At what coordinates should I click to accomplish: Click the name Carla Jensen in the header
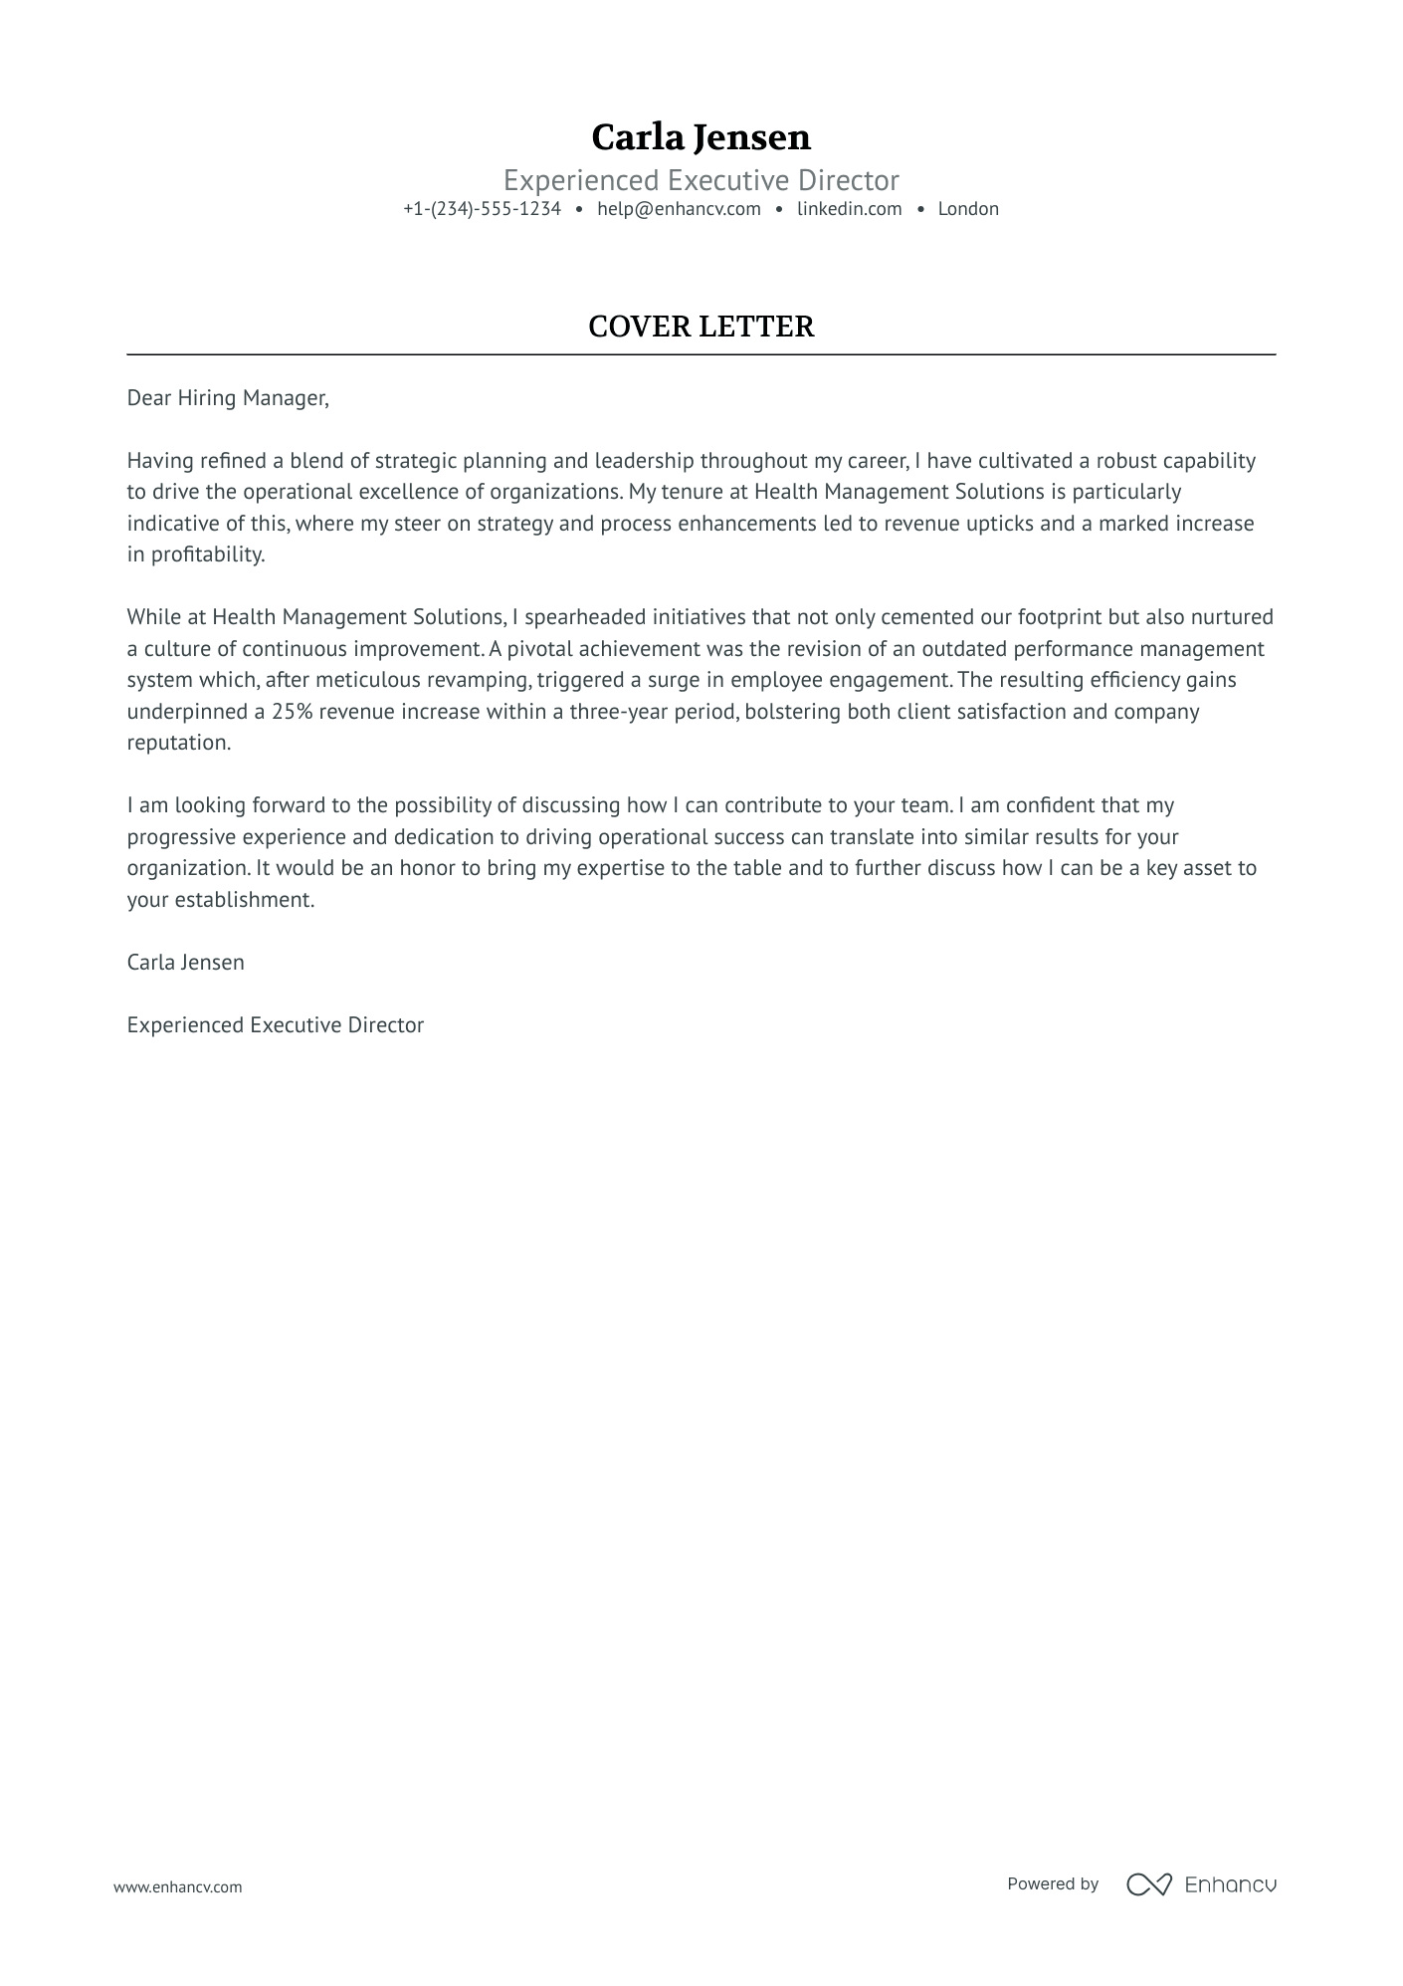pyautogui.click(x=701, y=137)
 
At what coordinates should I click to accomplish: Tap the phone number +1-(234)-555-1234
pyautogui.click(x=482, y=209)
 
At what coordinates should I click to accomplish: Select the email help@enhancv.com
pyautogui.click(x=679, y=209)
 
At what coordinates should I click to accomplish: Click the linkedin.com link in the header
pyautogui.click(x=849, y=209)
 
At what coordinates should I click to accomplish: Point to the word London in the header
pyautogui.click(x=968, y=209)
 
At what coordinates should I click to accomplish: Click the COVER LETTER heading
pyautogui.click(x=701, y=327)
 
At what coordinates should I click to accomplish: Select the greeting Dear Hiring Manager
pyautogui.click(x=227, y=398)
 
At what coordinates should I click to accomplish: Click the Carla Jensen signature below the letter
pyautogui.click(x=185, y=963)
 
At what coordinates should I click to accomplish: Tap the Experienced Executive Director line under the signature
pyautogui.click(x=275, y=1025)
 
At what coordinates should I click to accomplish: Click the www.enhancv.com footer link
pyautogui.click(x=177, y=1886)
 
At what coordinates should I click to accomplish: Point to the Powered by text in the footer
pyautogui.click(x=1052, y=1883)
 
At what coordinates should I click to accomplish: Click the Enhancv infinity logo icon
pyautogui.click(x=1148, y=1884)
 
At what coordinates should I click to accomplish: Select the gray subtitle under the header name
pyautogui.click(x=701, y=180)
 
